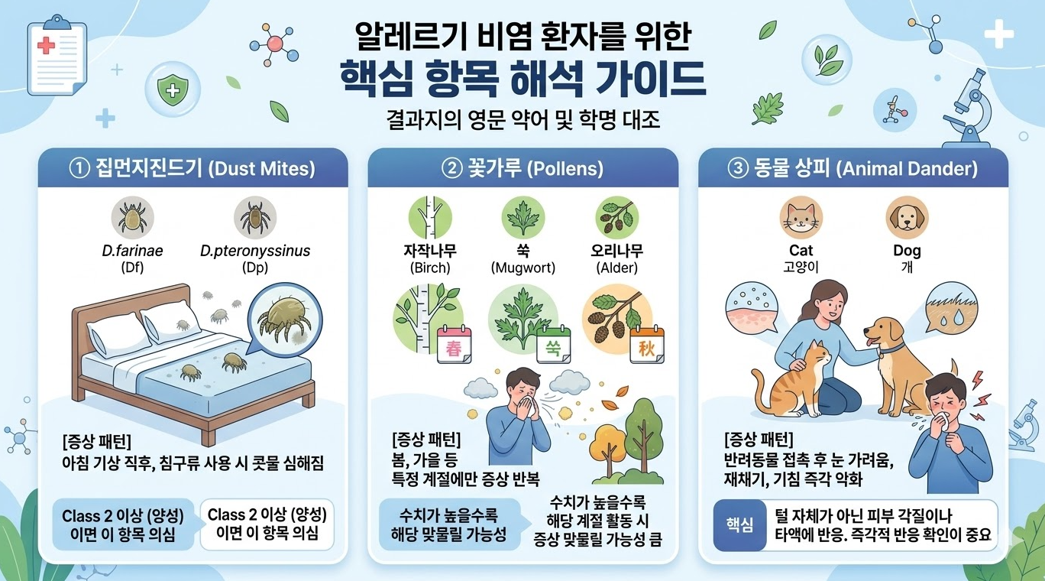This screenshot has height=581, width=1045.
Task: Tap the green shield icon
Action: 173,91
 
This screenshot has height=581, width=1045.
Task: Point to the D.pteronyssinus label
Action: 255,251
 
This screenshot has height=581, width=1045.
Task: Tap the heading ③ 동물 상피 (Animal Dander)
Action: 853,168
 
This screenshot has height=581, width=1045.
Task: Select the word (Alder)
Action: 618,268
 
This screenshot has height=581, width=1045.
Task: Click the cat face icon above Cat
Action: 801,217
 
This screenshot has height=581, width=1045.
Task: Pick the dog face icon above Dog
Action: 907,217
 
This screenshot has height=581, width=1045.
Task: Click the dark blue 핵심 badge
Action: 738,525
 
